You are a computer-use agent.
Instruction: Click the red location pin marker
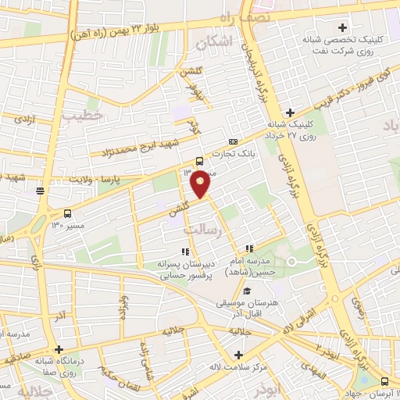click(201, 184)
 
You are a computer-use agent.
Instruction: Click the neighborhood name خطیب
click(83, 116)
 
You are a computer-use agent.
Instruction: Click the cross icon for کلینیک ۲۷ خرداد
click(290, 112)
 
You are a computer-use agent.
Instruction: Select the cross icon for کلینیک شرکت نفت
click(341, 27)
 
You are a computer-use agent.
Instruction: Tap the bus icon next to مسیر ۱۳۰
click(68, 212)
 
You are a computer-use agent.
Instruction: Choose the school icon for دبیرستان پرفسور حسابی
click(185, 252)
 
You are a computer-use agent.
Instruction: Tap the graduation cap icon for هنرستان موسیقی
click(247, 291)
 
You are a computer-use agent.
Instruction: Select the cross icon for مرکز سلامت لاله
click(238, 354)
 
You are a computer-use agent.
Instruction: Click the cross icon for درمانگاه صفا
click(59, 350)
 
